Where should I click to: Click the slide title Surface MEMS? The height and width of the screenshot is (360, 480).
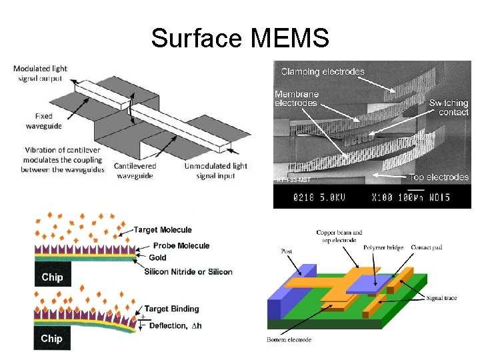point(239,38)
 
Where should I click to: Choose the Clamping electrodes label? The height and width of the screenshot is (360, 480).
point(323,71)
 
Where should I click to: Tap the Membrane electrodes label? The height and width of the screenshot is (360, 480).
point(297,98)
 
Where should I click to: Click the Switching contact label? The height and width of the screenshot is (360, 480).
point(449,107)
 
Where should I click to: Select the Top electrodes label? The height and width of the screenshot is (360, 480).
point(439,177)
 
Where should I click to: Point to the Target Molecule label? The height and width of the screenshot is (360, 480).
point(163,230)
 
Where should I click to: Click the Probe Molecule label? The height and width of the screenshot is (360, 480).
point(181,245)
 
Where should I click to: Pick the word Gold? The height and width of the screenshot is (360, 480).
point(158,258)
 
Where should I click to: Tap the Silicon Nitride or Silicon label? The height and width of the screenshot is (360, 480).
point(188,271)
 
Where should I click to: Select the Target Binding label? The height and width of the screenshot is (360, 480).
point(172,309)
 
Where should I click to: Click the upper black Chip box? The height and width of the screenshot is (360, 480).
point(52,277)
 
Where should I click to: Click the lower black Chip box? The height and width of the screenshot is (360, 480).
point(52,338)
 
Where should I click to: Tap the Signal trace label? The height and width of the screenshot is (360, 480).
point(441,298)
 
